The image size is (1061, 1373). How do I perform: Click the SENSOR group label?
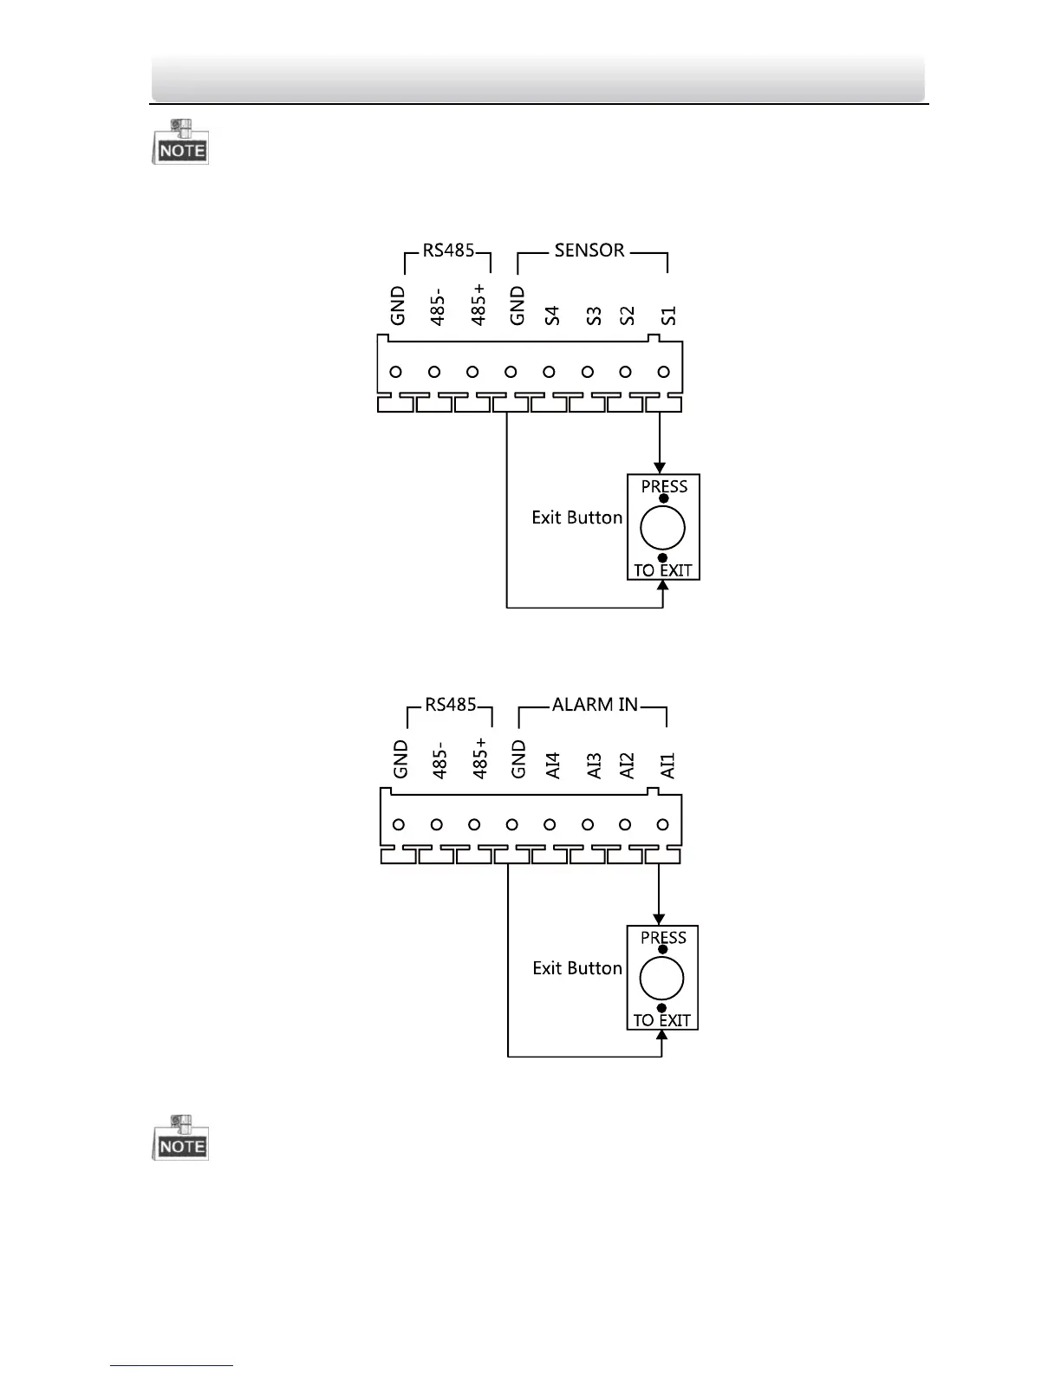(x=589, y=251)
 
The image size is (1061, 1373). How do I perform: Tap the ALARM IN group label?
(x=595, y=705)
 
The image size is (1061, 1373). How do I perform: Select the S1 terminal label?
(x=667, y=316)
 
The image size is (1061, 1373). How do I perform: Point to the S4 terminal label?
(x=552, y=316)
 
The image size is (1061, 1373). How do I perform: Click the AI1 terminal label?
(x=667, y=766)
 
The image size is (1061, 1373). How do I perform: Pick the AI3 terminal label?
(x=594, y=766)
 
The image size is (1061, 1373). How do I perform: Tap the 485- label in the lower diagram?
(x=439, y=759)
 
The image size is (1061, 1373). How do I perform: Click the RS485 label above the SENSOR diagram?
(x=448, y=251)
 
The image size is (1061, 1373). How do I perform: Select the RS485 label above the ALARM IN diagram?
(x=451, y=705)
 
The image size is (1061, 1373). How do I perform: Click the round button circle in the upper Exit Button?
(x=662, y=528)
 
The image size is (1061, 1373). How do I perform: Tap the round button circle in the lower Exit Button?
(x=661, y=978)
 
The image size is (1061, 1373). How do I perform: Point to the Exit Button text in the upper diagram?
(x=577, y=517)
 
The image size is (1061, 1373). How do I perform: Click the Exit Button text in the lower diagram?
(x=577, y=968)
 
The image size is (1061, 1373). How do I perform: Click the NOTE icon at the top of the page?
(x=181, y=143)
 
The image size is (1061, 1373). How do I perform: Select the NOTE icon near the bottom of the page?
(x=181, y=1138)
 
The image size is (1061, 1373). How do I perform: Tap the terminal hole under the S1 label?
(x=663, y=372)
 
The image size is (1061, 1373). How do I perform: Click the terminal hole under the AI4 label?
(x=550, y=824)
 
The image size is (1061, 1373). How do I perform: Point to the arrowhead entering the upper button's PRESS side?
(x=661, y=467)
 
